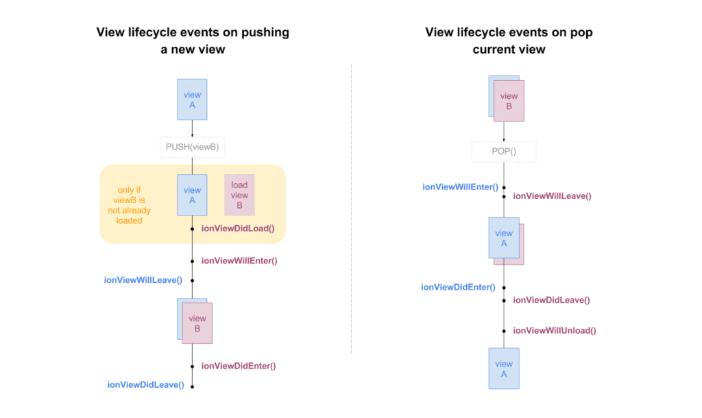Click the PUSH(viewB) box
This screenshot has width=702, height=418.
point(192,148)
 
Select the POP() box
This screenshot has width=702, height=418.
point(504,152)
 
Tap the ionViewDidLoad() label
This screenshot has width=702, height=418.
point(238,229)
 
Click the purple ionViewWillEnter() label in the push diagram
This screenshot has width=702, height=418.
point(239,261)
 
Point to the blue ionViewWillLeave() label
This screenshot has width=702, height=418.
point(143,280)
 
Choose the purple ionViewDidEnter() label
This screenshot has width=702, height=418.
point(238,366)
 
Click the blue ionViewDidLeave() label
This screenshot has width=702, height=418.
point(145,385)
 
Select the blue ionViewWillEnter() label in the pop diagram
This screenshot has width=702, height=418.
point(460,186)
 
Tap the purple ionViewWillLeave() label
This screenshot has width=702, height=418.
point(552,196)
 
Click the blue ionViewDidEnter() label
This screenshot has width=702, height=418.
point(458,287)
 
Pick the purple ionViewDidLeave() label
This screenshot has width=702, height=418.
point(551,300)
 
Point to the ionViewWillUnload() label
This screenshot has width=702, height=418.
point(555,330)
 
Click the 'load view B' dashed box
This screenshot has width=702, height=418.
point(239,196)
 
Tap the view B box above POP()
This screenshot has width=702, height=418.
point(509,101)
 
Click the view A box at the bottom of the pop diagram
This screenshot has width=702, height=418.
point(504,369)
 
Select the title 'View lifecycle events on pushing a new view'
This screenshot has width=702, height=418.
point(193,40)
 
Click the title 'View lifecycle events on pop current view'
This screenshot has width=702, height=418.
point(509,40)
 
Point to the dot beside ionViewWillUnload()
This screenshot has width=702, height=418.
point(504,331)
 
